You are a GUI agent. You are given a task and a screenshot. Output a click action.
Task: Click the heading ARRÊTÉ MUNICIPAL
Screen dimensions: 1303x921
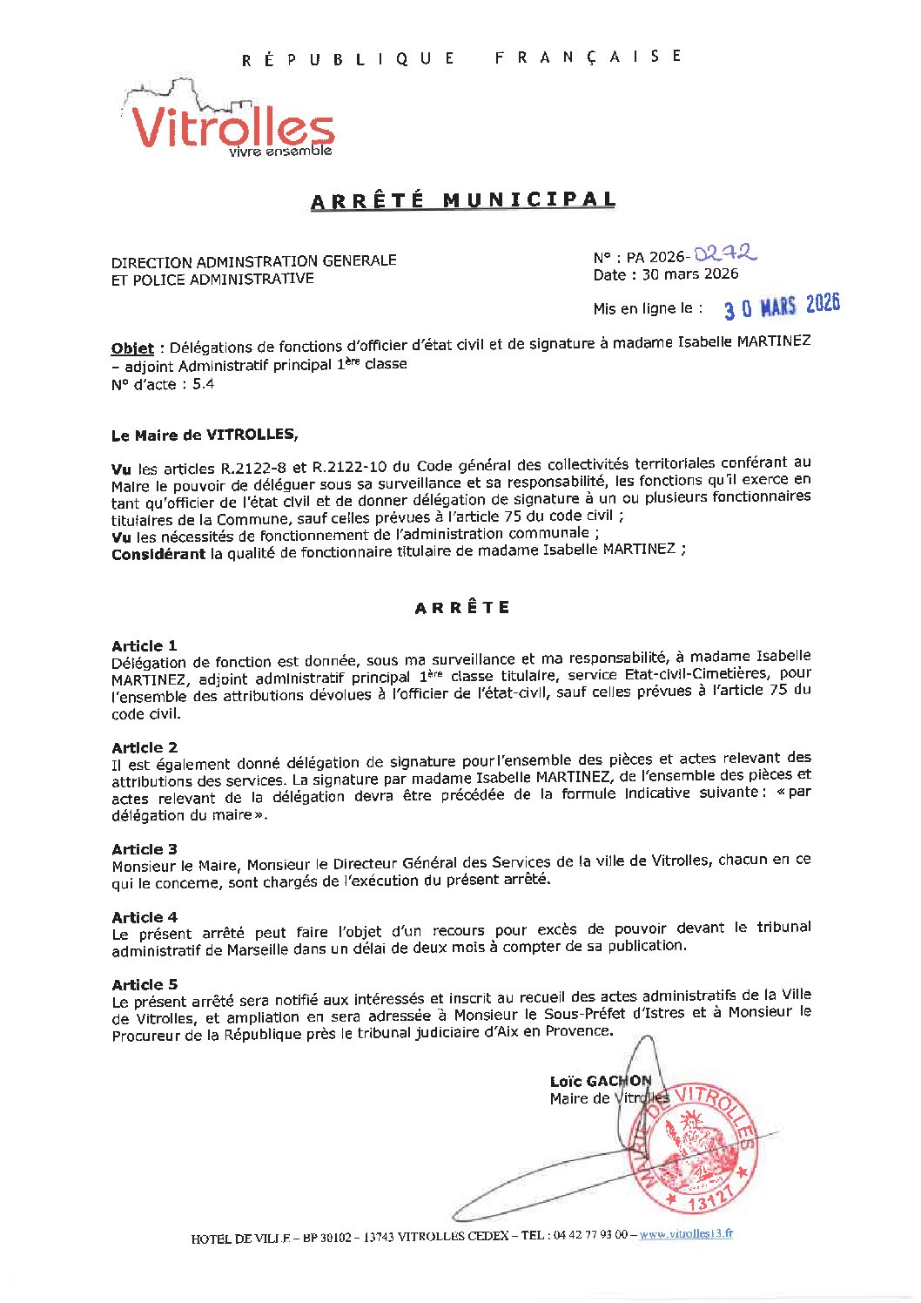(463, 200)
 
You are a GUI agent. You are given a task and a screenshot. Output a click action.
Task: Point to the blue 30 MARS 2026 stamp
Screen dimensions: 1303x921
(782, 307)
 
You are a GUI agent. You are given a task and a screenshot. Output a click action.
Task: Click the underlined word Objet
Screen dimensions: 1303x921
(132, 348)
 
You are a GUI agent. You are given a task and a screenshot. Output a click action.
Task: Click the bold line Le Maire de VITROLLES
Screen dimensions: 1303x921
(204, 435)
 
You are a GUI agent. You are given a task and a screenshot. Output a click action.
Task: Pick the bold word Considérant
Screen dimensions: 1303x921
(158, 554)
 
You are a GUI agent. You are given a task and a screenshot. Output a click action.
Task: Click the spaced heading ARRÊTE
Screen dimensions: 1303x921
(462, 608)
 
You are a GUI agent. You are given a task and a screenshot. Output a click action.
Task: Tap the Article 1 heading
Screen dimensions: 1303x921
(144, 645)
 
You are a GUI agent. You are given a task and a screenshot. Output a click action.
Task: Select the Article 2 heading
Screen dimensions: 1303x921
(144, 747)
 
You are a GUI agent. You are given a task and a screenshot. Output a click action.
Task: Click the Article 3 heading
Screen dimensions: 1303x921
(144, 849)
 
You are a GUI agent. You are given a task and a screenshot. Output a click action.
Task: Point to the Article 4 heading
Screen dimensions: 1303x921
(144, 917)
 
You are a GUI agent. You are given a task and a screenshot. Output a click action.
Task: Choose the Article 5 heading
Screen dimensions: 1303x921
(144, 984)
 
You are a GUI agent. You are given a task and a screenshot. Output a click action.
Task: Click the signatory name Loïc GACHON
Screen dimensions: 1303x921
(600, 1081)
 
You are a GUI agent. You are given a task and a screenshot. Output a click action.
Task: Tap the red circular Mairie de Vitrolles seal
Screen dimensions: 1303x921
(694, 1148)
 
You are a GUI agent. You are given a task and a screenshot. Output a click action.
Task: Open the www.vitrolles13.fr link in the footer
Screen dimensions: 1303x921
(686, 1233)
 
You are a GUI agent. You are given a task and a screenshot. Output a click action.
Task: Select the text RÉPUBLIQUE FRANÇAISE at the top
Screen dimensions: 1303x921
(461, 58)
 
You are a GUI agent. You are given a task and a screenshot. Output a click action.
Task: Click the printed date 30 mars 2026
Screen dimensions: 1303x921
(689, 274)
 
